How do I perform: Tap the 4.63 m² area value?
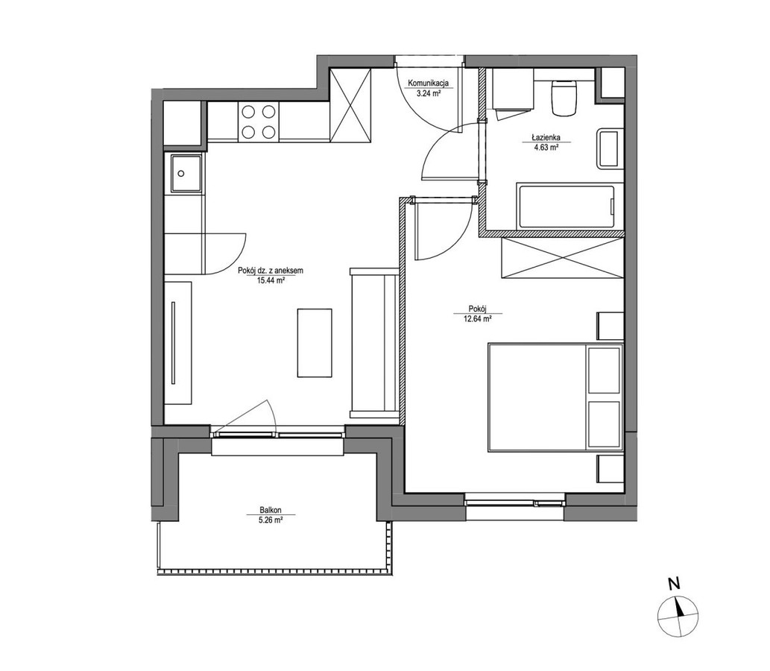pos(545,147)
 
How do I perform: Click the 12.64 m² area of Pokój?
pos(477,318)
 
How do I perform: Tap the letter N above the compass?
pos(675,584)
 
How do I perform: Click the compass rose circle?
pos(678,616)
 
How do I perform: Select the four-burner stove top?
pos(259,122)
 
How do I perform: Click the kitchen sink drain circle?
pos(181,174)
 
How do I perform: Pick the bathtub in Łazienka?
pos(565,207)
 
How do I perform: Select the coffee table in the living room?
pos(315,343)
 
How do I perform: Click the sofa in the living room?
pos(374,343)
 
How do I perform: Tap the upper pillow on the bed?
pos(604,371)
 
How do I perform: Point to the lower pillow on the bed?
pos(604,424)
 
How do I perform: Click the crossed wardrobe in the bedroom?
pos(562,257)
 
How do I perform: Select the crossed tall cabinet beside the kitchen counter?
pos(350,106)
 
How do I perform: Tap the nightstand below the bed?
pos(610,469)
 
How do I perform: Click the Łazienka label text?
pos(545,138)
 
